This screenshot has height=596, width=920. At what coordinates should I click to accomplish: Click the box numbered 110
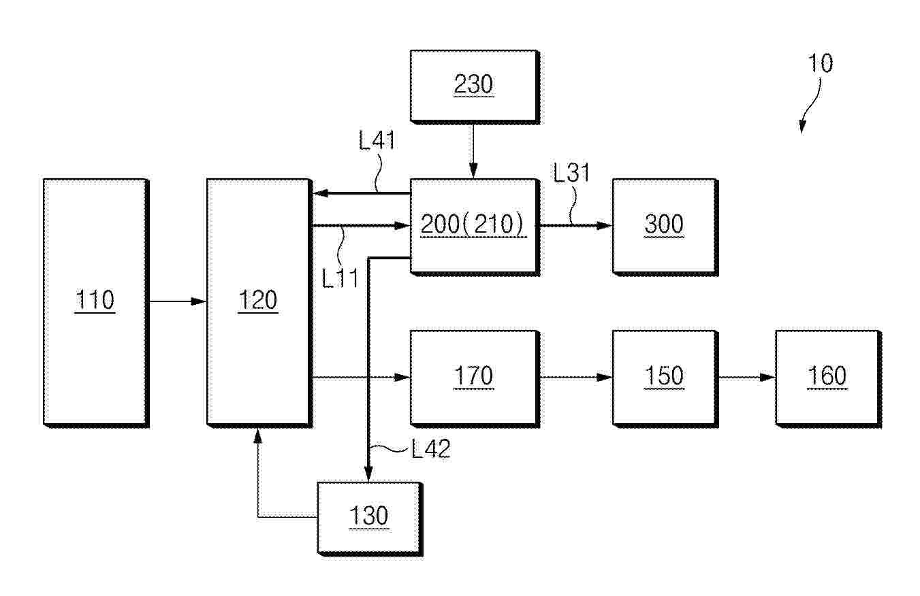[96, 303]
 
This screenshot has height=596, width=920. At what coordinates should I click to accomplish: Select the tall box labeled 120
[259, 303]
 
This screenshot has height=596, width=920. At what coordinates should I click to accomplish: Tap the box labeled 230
[475, 87]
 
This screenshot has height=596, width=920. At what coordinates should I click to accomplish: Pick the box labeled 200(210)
[475, 227]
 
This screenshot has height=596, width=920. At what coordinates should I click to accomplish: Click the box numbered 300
[665, 227]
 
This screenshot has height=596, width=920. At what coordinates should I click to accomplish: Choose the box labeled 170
[475, 379]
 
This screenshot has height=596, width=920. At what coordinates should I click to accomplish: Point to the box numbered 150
[665, 379]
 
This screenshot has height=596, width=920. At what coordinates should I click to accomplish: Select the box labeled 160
[829, 379]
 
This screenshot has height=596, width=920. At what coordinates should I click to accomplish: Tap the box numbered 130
[370, 519]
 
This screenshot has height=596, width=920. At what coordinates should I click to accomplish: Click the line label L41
[377, 140]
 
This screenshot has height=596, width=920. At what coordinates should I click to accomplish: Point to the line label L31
[571, 172]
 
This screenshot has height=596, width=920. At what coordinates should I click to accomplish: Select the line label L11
[340, 278]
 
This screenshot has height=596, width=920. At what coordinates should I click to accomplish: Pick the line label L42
[431, 448]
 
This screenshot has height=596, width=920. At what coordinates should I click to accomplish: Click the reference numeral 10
[820, 63]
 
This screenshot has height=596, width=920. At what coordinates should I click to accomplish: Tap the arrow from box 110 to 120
[178, 301]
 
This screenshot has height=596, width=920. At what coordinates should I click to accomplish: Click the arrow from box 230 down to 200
[473, 151]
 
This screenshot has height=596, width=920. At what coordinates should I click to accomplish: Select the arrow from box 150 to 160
[746, 377]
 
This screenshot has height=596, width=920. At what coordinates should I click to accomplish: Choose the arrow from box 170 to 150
[576, 377]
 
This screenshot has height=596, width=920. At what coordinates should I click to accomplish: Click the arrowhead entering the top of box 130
[368, 474]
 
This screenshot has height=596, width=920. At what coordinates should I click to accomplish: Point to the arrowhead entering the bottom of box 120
[258, 436]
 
